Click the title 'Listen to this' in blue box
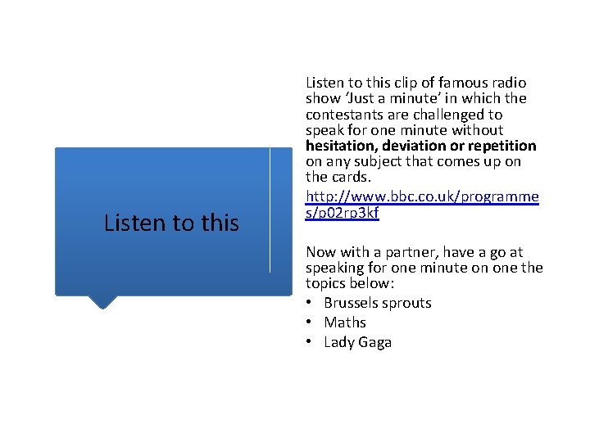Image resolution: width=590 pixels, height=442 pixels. pyautogui.click(x=171, y=223)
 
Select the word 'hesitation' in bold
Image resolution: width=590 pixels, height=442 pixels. pyautogui.click(x=338, y=146)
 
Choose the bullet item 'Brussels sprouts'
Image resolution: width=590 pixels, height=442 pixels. pyautogui.click(x=377, y=303)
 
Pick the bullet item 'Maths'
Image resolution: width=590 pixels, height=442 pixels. pyautogui.click(x=344, y=322)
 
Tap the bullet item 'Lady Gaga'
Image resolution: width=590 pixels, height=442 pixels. pyautogui.click(x=357, y=342)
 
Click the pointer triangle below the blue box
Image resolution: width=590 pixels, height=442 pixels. pyautogui.click(x=102, y=301)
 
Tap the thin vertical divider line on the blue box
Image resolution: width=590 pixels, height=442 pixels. pyautogui.click(x=270, y=210)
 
